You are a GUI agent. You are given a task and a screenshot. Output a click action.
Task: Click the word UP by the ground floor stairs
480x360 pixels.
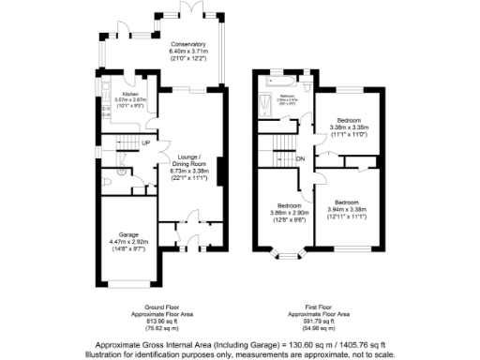click(x=146, y=142)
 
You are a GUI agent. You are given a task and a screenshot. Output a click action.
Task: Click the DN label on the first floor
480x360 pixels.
click(x=301, y=159)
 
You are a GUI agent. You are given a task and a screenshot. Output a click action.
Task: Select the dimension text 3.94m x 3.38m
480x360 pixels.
click(x=348, y=209)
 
